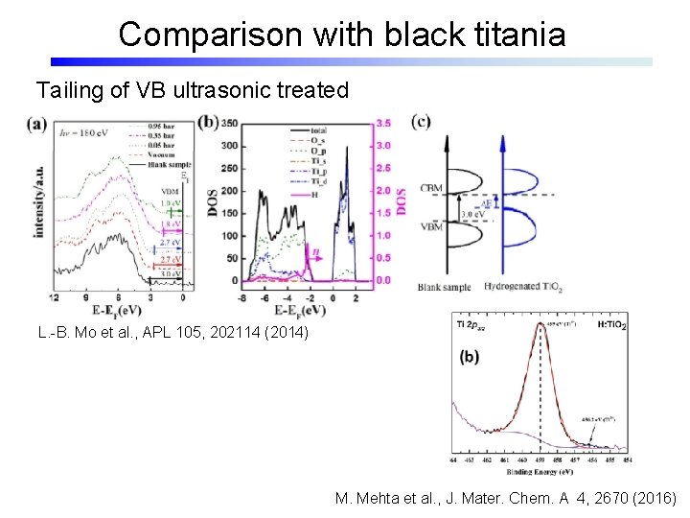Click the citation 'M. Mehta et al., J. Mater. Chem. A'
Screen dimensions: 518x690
click(x=506, y=499)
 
